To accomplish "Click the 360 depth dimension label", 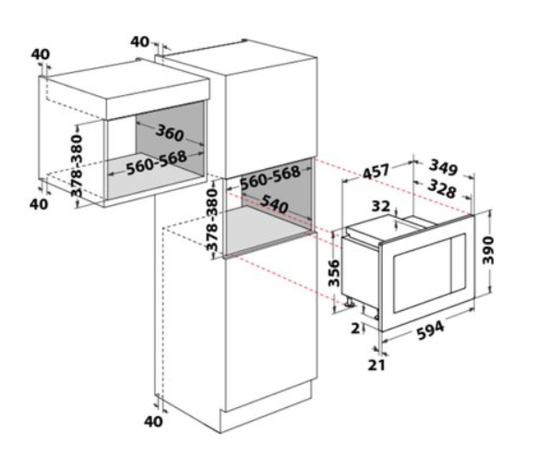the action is pos(170,133).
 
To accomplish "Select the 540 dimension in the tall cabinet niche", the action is pos(274,205).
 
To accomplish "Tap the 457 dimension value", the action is pos(377,171).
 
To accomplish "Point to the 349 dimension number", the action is pos(443,167).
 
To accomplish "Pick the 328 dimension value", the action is pos(442,189).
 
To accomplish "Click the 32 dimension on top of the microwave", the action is pos(381,206).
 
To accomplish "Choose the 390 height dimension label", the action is pos(488,250).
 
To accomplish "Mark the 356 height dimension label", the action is pos(333,273).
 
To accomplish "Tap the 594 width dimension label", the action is pos(431,330).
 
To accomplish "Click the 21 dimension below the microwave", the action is pos(377,365).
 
